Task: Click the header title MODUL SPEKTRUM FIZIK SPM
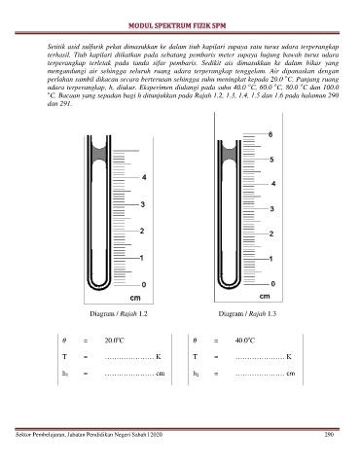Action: tap(177, 26)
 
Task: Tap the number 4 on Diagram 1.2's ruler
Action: tap(144, 177)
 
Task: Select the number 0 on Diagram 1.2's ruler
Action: tap(144, 284)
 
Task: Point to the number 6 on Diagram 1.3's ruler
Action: tap(270, 134)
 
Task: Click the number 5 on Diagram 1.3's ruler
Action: tap(271, 160)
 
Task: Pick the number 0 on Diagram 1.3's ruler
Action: tap(273, 284)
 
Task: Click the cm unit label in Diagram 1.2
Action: tap(135, 298)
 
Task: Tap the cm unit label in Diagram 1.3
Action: tap(265, 296)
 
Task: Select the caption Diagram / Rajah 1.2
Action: tap(119, 314)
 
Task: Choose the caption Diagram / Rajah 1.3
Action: tap(247, 313)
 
